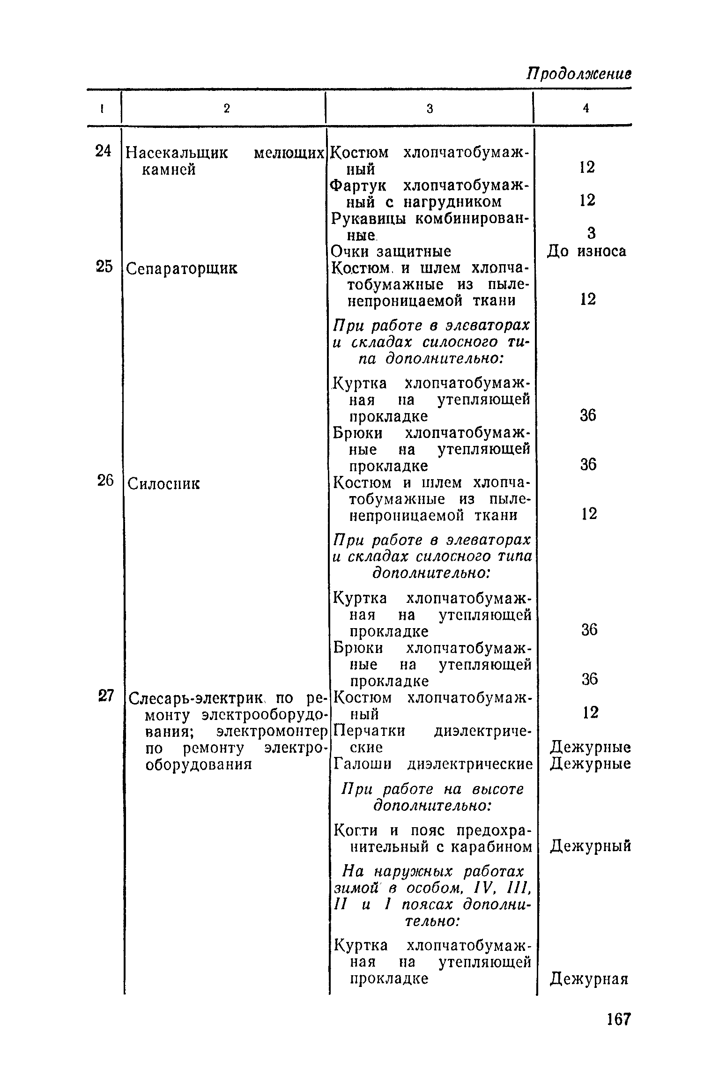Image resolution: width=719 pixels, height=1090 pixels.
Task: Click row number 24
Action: tap(104, 151)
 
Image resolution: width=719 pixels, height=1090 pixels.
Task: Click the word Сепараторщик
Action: tap(182, 269)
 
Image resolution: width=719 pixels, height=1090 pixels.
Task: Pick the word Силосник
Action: tap(163, 483)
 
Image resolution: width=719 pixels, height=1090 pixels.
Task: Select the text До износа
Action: tap(586, 252)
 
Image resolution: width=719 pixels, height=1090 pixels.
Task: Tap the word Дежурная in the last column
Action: tap(589, 979)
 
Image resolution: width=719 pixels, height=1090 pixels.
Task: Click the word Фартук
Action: tap(358, 185)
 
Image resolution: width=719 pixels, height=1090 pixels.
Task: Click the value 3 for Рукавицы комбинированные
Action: tap(591, 233)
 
